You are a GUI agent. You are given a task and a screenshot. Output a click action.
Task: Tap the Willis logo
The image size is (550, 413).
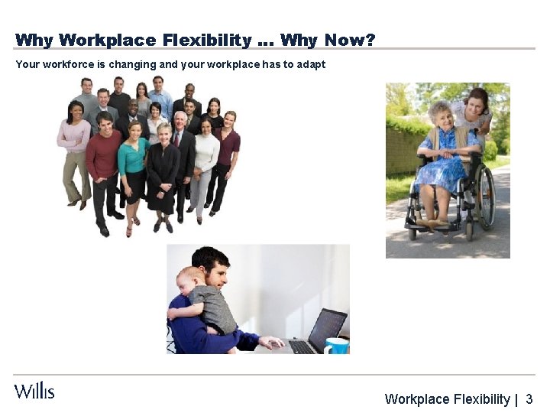[34, 391]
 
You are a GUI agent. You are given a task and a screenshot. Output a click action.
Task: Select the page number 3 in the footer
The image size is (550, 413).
[529, 398]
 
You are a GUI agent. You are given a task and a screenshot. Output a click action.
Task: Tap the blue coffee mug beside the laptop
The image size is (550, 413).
[336, 345]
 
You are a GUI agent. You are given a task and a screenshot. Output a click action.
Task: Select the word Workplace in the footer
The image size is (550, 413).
[417, 398]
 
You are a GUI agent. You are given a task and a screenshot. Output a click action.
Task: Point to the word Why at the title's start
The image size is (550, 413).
[34, 40]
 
